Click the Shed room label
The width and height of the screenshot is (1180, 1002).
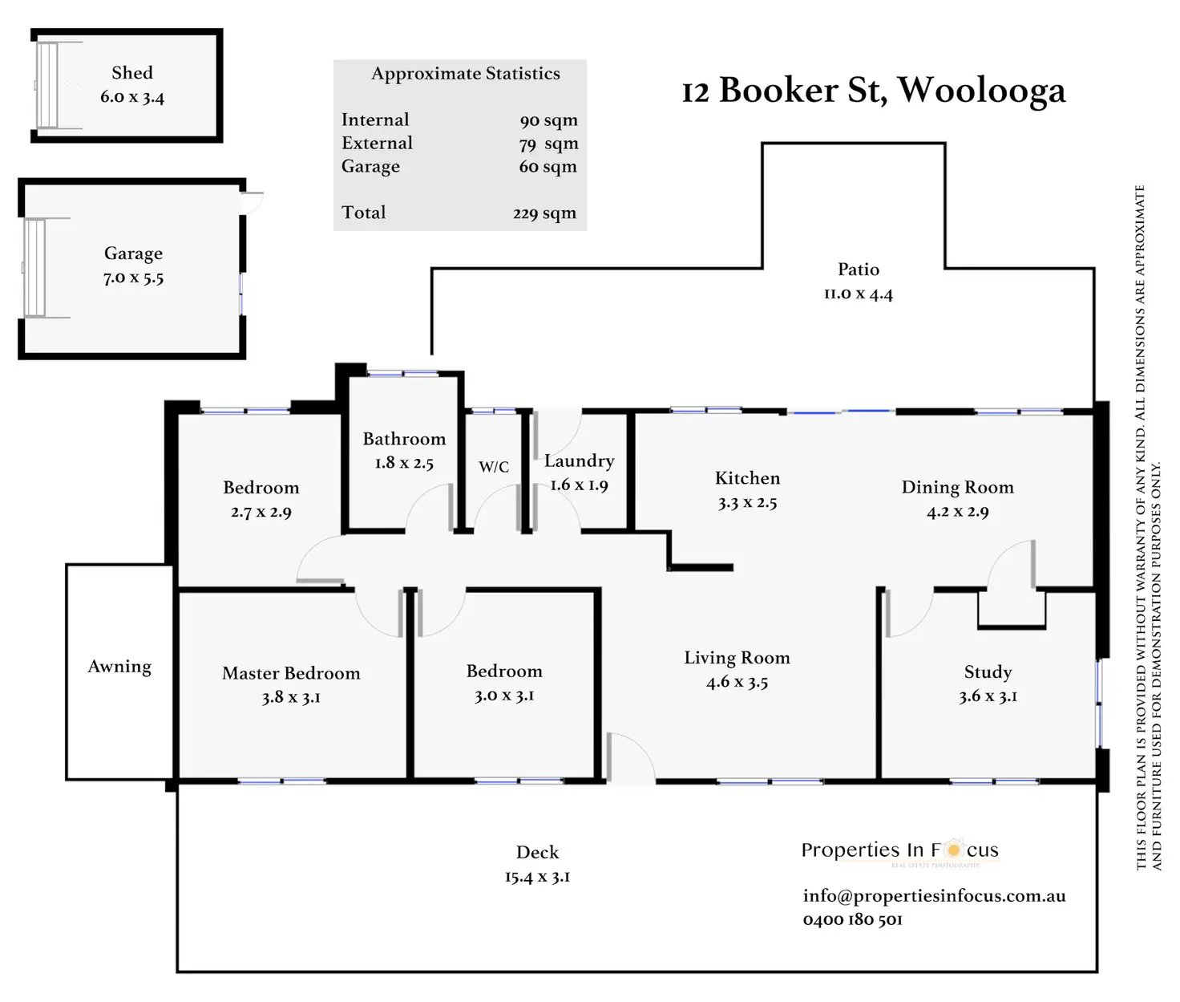point(132,73)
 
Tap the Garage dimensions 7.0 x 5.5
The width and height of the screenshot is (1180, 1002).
point(133,278)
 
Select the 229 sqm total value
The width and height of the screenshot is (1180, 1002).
point(544,213)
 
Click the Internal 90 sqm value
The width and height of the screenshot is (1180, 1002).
point(548,121)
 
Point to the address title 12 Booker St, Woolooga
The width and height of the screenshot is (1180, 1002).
point(874,90)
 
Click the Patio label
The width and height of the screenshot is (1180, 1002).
point(859,270)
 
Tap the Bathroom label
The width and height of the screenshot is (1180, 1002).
point(404,439)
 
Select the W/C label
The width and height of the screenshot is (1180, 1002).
point(494,467)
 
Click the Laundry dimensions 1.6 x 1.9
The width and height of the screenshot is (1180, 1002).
point(579,485)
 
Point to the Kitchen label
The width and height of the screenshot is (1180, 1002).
point(747,478)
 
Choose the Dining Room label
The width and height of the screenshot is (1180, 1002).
point(957,487)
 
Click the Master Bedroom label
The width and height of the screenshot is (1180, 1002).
point(291,673)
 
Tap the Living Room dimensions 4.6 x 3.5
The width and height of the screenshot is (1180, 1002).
point(737,683)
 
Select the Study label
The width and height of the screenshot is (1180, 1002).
point(988,672)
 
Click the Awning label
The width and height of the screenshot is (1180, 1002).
point(119,667)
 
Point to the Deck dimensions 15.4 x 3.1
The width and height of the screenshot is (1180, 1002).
point(537,877)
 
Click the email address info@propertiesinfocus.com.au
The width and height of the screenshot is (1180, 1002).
point(934,896)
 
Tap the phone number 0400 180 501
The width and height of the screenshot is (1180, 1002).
point(852,920)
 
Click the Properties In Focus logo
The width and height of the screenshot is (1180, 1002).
point(899,850)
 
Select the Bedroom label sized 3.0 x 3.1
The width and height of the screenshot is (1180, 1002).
point(504,671)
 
